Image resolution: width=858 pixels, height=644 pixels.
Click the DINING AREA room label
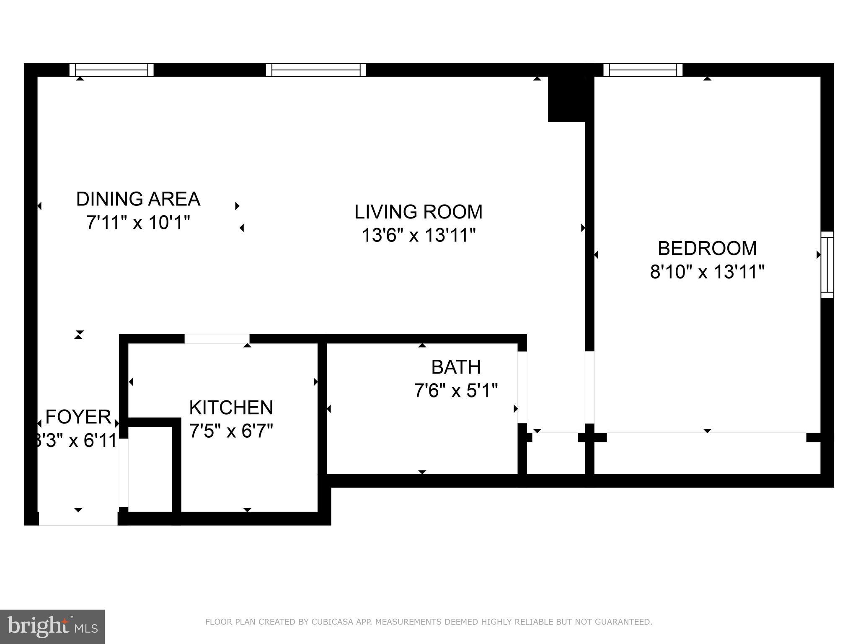click(138, 199)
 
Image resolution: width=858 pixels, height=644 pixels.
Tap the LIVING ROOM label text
click(418, 212)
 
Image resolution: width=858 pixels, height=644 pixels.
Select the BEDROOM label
click(707, 248)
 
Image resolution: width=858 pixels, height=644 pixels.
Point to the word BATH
click(456, 367)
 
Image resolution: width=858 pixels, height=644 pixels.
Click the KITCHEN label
click(231, 408)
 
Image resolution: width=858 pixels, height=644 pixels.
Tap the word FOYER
click(78, 417)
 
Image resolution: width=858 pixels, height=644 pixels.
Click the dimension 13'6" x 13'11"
click(418, 235)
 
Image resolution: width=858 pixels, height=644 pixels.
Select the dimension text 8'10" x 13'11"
click(707, 272)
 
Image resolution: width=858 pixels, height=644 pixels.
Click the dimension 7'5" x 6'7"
click(231, 431)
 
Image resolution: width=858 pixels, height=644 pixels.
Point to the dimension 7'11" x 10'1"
click(138, 223)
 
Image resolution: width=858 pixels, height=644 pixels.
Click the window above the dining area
click(111, 70)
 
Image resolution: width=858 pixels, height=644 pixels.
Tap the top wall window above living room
click(316, 70)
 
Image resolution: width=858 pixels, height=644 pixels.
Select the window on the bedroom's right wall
click(827, 265)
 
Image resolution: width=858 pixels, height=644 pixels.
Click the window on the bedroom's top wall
click(643, 70)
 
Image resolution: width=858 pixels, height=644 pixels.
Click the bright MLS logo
click(52, 626)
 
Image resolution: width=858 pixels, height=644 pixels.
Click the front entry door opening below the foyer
click(78, 519)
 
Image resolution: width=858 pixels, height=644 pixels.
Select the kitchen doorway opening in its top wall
click(217, 339)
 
